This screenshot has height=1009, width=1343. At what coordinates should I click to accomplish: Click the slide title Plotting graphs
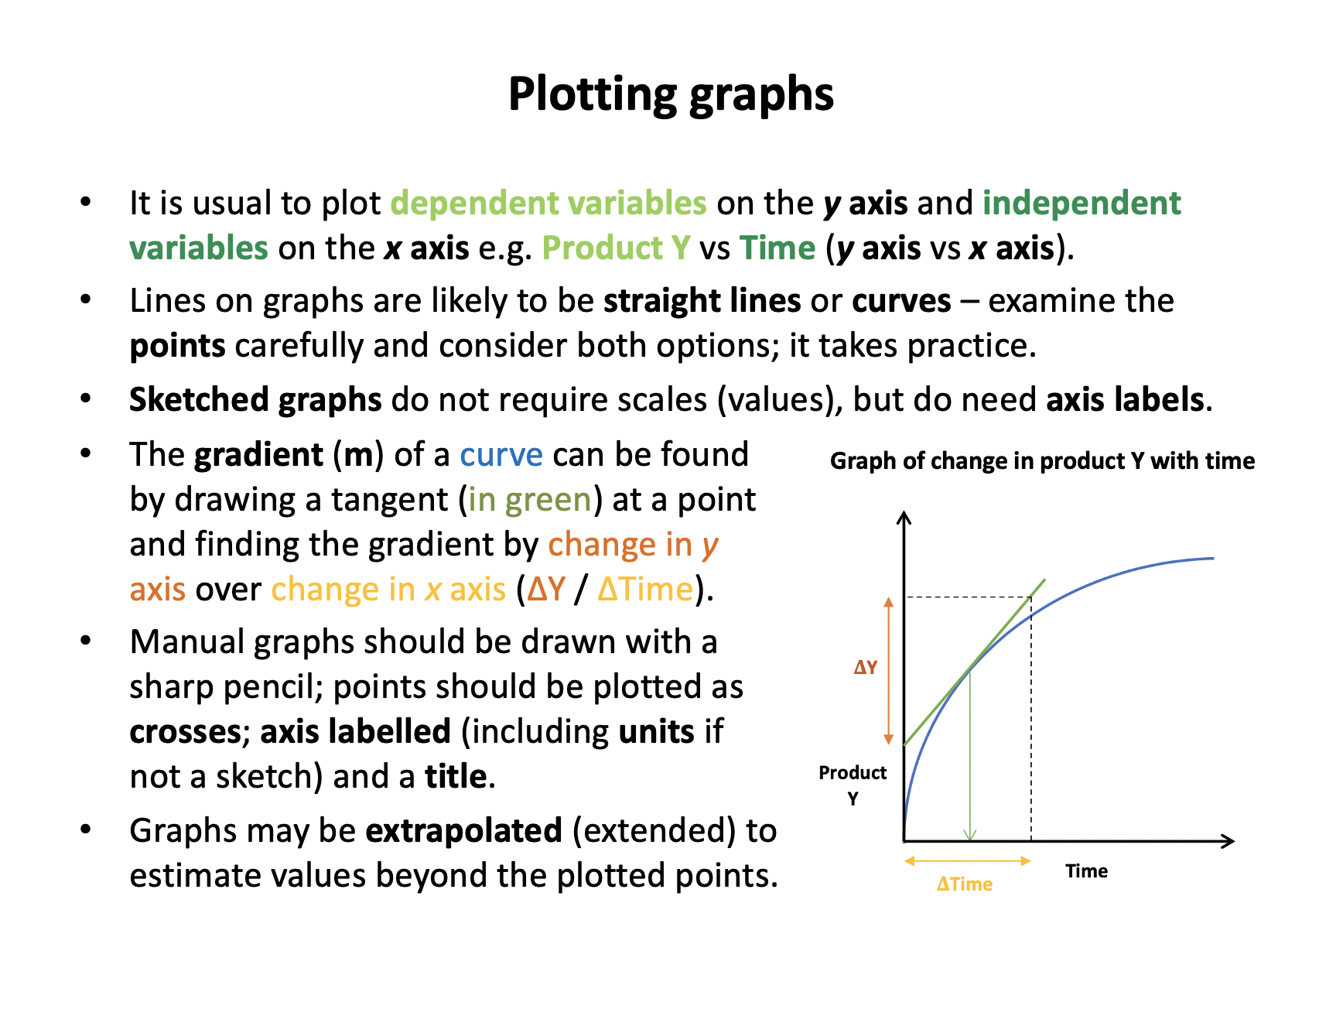(671, 94)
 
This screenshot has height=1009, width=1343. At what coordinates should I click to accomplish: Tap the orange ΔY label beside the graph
(865, 667)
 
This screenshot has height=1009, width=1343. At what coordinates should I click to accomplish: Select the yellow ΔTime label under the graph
(964, 884)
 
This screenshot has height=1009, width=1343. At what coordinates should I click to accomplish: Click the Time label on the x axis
(1086, 871)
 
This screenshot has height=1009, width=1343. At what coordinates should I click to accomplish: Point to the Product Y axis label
(853, 785)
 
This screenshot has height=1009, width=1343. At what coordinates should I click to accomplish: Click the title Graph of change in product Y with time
(1042, 461)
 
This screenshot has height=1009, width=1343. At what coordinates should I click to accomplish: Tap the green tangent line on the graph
(975, 662)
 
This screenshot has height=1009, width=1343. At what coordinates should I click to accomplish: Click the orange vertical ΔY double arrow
(889, 671)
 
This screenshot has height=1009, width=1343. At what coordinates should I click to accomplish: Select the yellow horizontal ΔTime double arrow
(968, 860)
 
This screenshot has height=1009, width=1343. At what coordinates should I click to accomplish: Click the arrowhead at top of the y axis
(904, 517)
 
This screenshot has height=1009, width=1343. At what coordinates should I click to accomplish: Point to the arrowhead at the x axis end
(1228, 840)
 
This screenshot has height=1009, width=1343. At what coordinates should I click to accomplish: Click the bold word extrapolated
(463, 830)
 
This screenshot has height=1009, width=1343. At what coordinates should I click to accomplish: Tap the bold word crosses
(186, 732)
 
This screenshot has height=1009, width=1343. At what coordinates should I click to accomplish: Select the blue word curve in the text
(501, 455)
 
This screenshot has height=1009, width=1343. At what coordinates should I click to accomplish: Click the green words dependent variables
(548, 203)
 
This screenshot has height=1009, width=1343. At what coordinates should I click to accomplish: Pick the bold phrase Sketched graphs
(255, 400)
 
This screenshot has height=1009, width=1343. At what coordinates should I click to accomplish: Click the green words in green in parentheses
(530, 500)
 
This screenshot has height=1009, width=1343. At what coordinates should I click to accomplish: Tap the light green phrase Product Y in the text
(616, 248)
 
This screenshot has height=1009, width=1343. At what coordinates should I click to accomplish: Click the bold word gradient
(259, 455)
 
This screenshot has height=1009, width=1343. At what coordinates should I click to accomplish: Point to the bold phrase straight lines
(702, 301)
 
